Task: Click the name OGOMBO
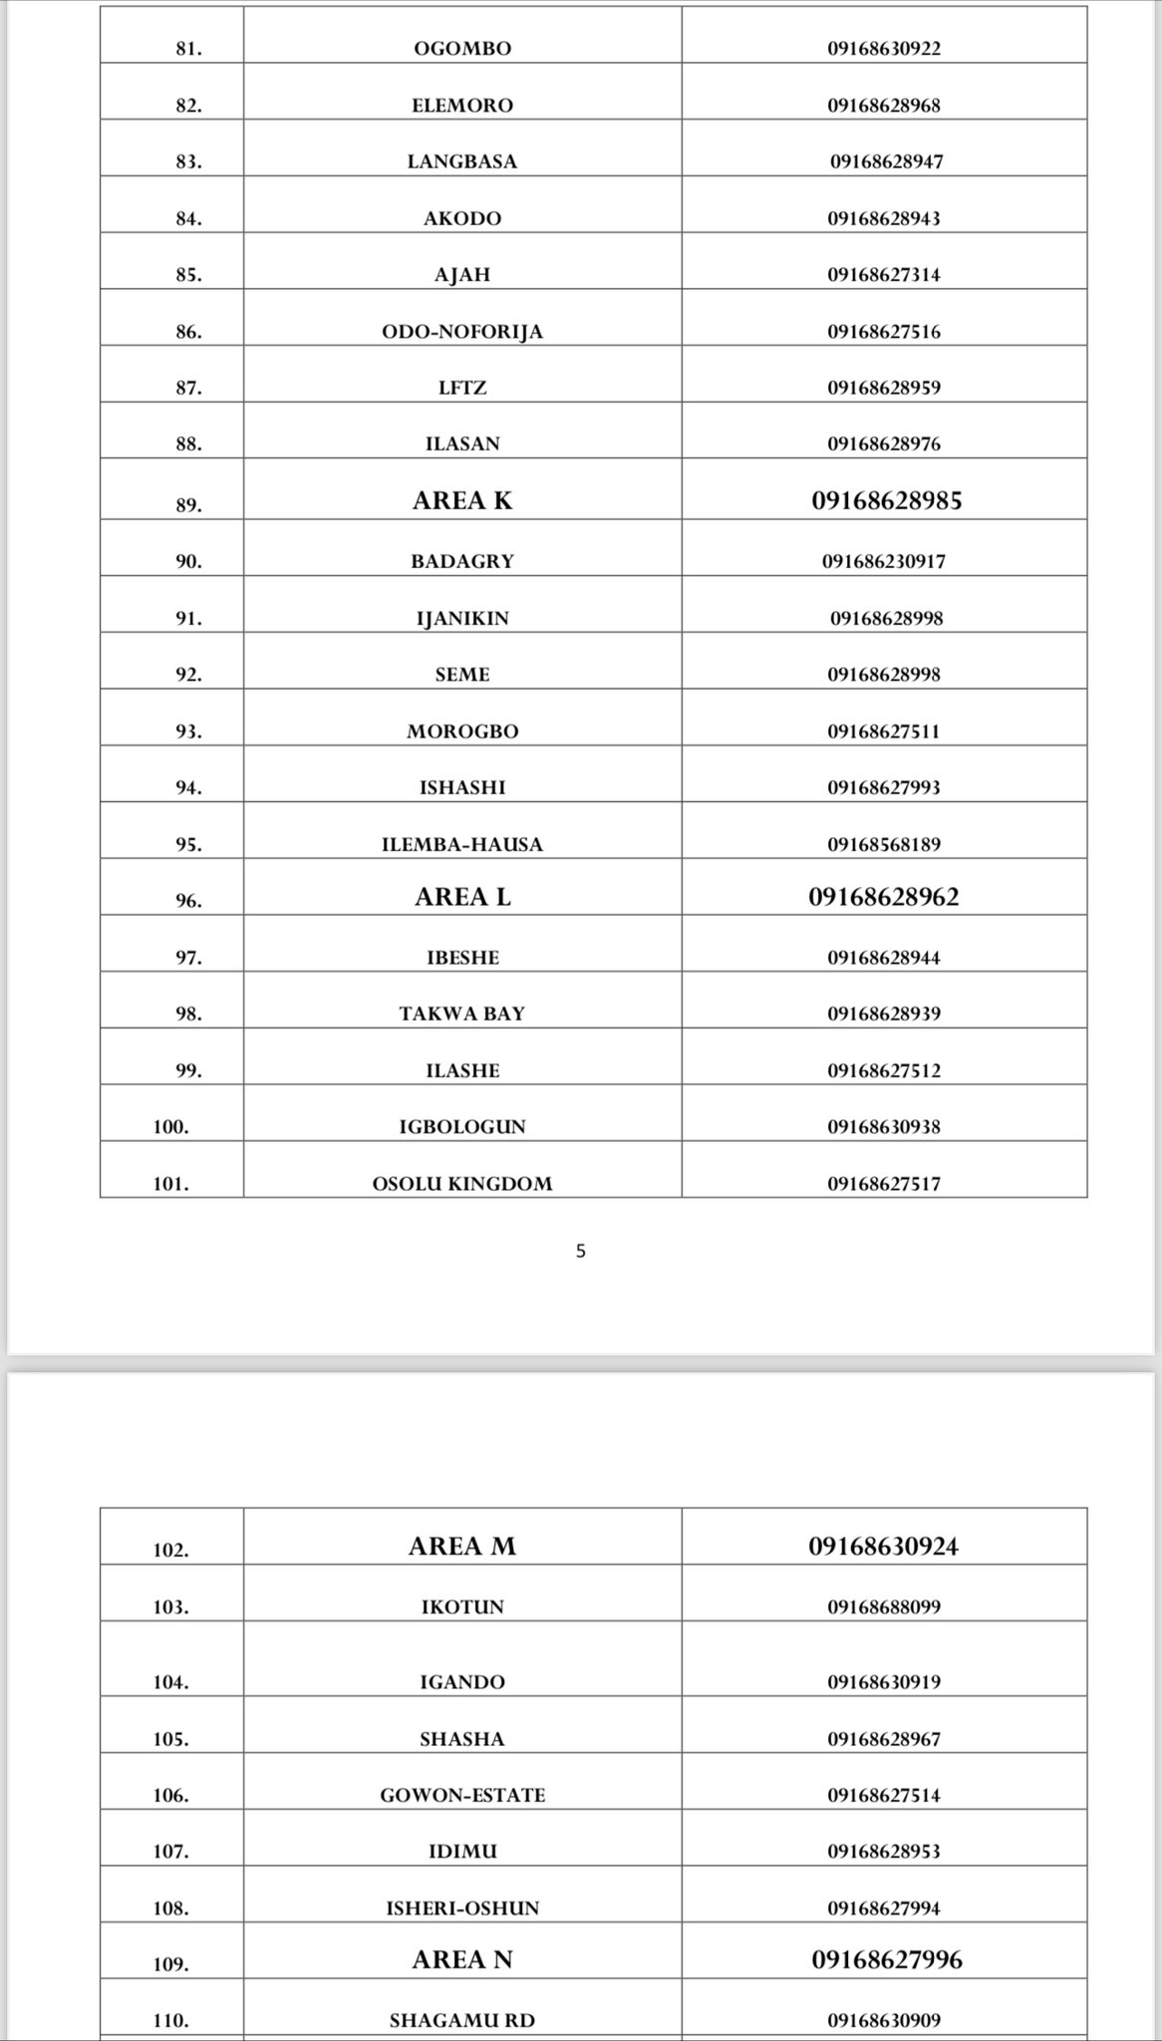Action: [462, 49]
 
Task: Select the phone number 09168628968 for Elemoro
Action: [883, 106]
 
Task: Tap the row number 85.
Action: [188, 275]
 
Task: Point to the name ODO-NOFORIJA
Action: [462, 332]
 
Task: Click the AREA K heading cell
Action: [462, 500]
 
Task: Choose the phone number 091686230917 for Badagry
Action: [883, 561]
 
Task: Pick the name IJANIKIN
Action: [462, 619]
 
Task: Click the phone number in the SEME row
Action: [883, 675]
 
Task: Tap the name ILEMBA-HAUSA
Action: [462, 845]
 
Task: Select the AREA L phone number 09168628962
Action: [883, 897]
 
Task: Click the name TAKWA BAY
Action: [462, 1015]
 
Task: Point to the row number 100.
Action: [170, 1127]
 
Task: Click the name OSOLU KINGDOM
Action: [462, 1184]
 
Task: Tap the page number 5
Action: [581, 1252]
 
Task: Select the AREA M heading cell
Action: [462, 1546]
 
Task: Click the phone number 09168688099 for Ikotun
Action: [883, 1606]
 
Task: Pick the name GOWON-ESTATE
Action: [462, 1795]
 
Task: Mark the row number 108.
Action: [170, 1908]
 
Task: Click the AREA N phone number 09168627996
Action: [886, 1959]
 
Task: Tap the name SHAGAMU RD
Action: [462, 2020]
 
